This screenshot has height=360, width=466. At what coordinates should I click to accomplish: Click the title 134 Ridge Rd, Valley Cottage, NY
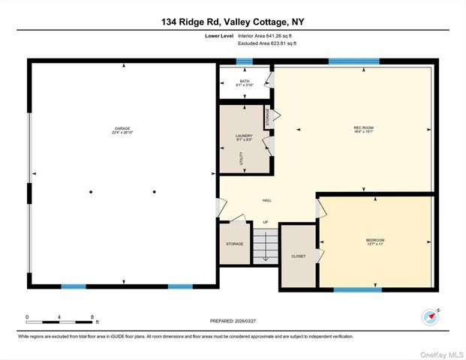[x=233, y=22]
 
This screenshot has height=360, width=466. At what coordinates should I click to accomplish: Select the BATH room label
[x=245, y=82]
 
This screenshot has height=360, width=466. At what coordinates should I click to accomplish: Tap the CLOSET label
[x=298, y=256]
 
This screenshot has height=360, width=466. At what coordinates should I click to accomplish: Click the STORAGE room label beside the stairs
[x=234, y=244]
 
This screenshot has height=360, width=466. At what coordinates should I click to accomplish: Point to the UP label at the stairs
[x=265, y=223]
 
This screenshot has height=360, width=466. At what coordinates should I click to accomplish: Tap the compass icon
[x=431, y=315]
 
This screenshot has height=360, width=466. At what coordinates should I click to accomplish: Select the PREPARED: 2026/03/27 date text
[x=233, y=320]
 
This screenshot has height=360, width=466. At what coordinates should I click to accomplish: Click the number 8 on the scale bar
[x=92, y=317]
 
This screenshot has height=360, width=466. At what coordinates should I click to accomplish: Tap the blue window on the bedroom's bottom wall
[x=357, y=289]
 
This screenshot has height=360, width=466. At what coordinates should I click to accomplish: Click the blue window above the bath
[x=245, y=61]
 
